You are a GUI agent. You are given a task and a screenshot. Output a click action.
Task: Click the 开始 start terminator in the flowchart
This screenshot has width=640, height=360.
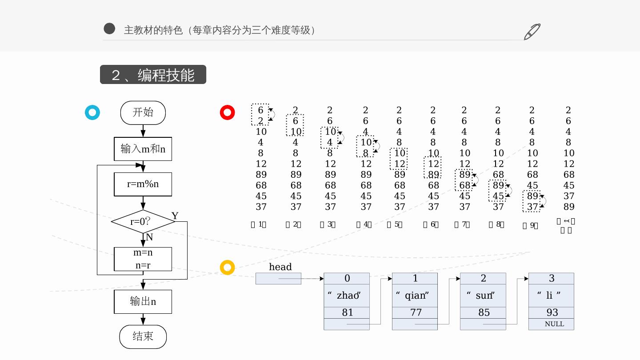pyautogui.click(x=143, y=113)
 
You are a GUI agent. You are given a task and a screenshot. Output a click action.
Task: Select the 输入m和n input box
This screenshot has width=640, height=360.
pyautogui.click(x=143, y=149)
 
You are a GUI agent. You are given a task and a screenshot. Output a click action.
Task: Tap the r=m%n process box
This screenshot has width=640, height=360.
pyautogui.click(x=143, y=184)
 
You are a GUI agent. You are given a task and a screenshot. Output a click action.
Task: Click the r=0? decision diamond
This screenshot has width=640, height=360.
pyautogui.click(x=143, y=221)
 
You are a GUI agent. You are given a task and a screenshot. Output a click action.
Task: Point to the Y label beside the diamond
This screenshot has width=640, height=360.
pyautogui.click(x=175, y=216)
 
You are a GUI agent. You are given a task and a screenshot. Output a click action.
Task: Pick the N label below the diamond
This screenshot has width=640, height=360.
pyautogui.click(x=149, y=237)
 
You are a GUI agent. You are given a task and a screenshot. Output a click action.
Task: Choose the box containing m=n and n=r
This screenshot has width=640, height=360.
pyautogui.click(x=143, y=259)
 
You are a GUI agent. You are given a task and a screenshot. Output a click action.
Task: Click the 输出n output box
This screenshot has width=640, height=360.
pyautogui.click(x=143, y=302)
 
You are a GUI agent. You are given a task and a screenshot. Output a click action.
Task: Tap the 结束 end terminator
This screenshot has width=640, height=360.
pyautogui.click(x=143, y=336)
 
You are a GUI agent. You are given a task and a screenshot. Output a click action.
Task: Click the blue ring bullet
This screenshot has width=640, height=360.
pyautogui.click(x=92, y=112)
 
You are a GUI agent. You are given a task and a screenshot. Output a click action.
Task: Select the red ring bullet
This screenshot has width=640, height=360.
pyautogui.click(x=228, y=112)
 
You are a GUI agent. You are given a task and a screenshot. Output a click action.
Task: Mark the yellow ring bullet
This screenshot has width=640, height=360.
pyautogui.click(x=228, y=267)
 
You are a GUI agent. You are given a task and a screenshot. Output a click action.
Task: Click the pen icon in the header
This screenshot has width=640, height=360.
pyautogui.click(x=532, y=32)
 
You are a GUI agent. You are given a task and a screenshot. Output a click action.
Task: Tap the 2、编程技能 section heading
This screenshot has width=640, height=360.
pyautogui.click(x=153, y=75)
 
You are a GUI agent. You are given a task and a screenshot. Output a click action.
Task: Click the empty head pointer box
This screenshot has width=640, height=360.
pyautogui.click(x=278, y=279)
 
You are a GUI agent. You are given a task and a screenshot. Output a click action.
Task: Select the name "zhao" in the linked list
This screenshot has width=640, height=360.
pyautogui.click(x=347, y=296)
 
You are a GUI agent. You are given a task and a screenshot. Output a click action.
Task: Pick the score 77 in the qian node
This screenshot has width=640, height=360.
pyautogui.click(x=415, y=312)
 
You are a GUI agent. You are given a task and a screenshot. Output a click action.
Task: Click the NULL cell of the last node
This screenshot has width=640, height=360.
pyautogui.click(x=552, y=324)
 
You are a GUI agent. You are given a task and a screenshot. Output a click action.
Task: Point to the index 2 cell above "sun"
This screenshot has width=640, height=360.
pyautogui.click(x=483, y=279)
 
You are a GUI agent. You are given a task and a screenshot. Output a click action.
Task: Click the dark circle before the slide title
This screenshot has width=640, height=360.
pyautogui.click(x=109, y=29)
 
